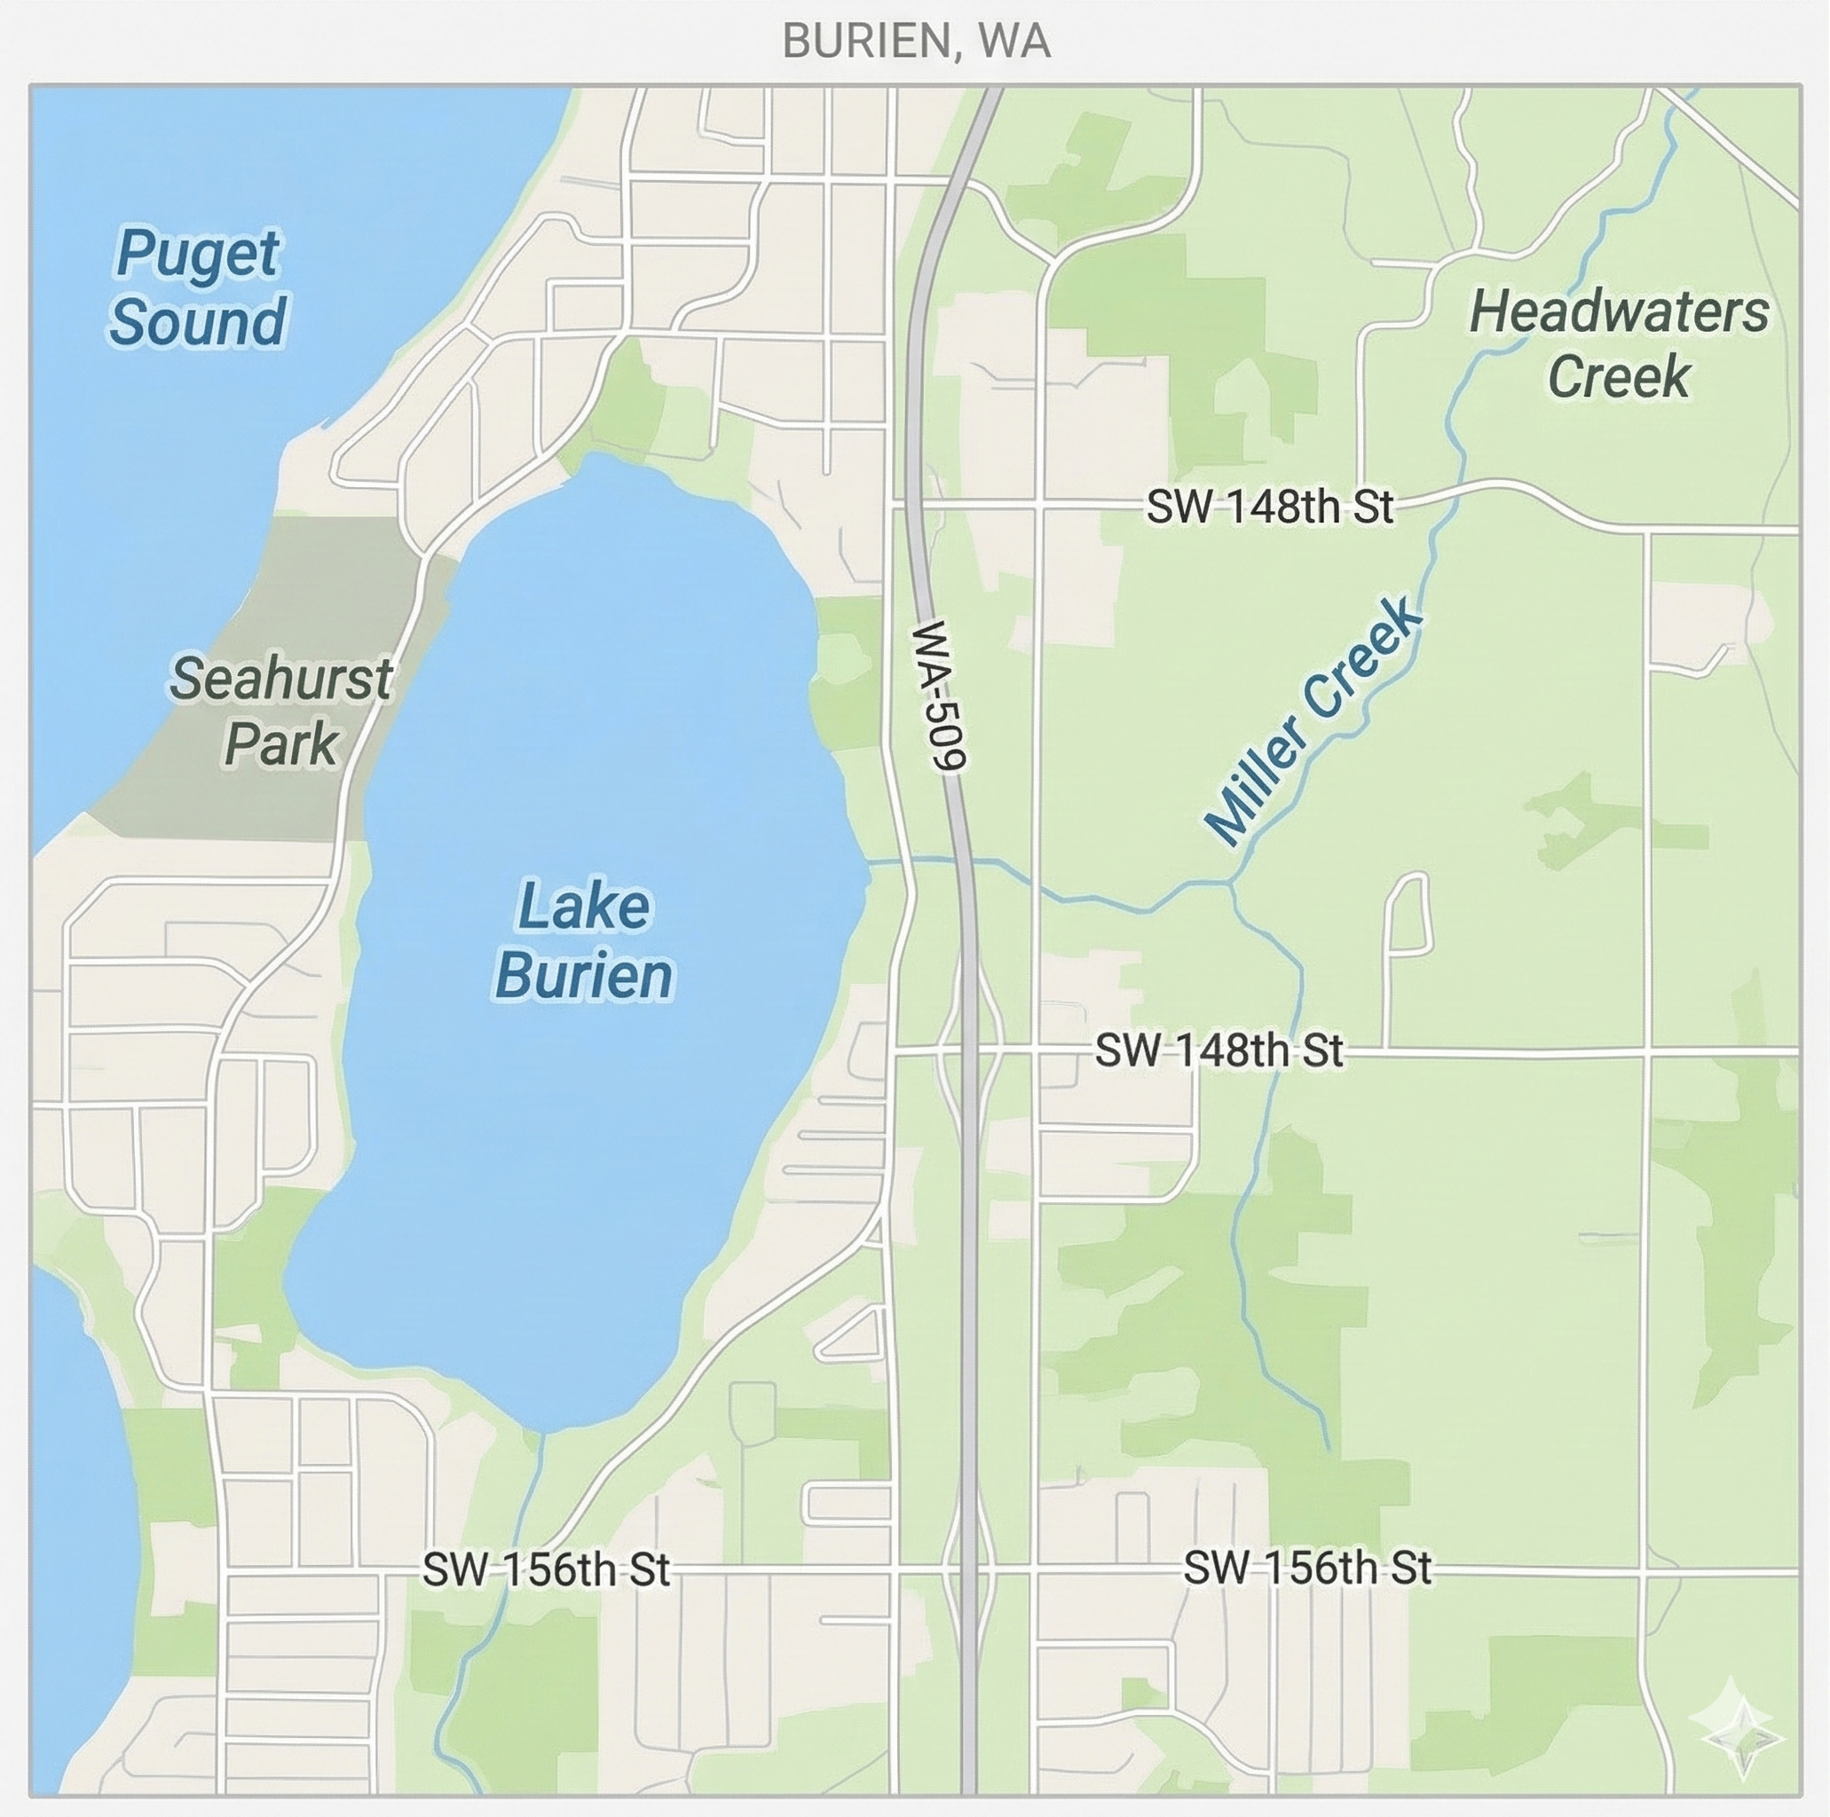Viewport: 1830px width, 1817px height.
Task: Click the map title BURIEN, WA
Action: [916, 42]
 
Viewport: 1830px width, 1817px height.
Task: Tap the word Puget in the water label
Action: [197, 254]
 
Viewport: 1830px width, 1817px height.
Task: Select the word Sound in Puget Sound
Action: [197, 322]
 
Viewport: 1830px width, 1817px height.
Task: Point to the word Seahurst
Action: [280, 679]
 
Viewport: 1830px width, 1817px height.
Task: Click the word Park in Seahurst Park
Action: [281, 743]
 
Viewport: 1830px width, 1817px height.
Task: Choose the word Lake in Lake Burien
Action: [583, 906]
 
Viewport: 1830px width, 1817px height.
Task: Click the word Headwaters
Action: [1618, 312]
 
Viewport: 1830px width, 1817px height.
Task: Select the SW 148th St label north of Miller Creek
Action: [1269, 507]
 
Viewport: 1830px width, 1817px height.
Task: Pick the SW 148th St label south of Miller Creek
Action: [1219, 1051]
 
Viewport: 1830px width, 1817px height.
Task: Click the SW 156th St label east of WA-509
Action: [1307, 1569]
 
